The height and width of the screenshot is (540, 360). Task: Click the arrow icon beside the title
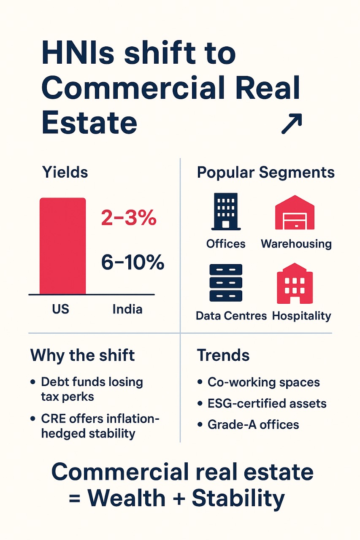[292, 124]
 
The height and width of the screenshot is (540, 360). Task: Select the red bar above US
[62, 246]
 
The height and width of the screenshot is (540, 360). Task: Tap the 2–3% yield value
[129, 219]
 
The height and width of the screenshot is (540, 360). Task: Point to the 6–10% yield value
[133, 262]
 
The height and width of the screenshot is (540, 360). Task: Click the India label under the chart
[127, 309]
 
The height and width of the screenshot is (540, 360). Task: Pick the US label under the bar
[61, 309]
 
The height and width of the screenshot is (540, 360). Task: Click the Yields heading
[65, 172]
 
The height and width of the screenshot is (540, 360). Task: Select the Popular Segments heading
[265, 173]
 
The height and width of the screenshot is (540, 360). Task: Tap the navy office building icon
[225, 211]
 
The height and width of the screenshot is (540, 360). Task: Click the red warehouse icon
[295, 213]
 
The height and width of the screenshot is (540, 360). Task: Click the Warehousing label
[296, 244]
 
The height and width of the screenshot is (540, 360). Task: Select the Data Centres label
[231, 316]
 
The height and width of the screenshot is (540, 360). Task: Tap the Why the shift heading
[82, 355]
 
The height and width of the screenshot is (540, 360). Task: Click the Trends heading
[223, 356]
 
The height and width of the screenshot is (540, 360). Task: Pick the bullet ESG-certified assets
[267, 404]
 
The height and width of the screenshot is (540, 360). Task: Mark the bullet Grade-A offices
[253, 424]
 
